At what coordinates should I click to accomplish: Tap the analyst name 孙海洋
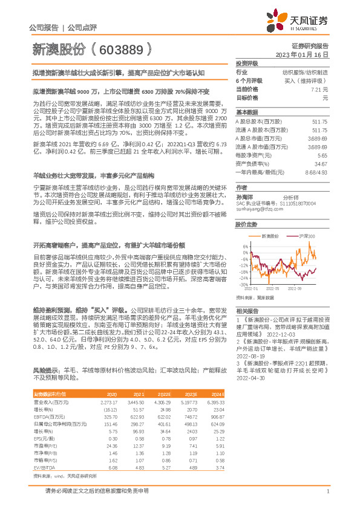coord(244,197)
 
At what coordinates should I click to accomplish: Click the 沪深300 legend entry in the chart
coord(303,235)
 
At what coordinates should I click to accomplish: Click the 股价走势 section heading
coord(245,224)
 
